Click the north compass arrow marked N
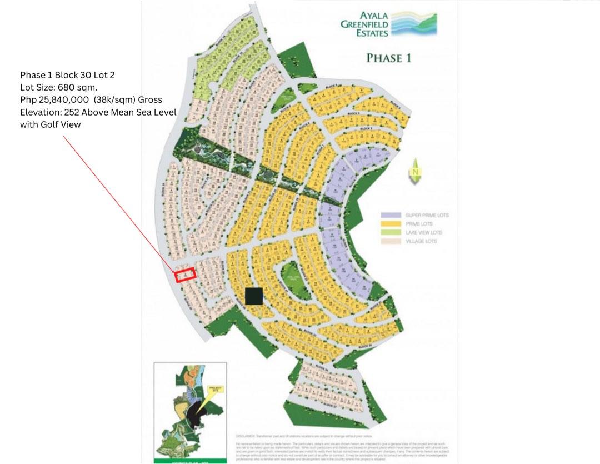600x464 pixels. tap(415, 169)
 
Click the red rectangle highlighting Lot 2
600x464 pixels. tap(186, 275)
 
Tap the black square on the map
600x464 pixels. tap(254, 296)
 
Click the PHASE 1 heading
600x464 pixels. tap(388, 58)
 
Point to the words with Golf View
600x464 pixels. tap(50, 124)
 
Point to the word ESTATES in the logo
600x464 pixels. tap(373, 33)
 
